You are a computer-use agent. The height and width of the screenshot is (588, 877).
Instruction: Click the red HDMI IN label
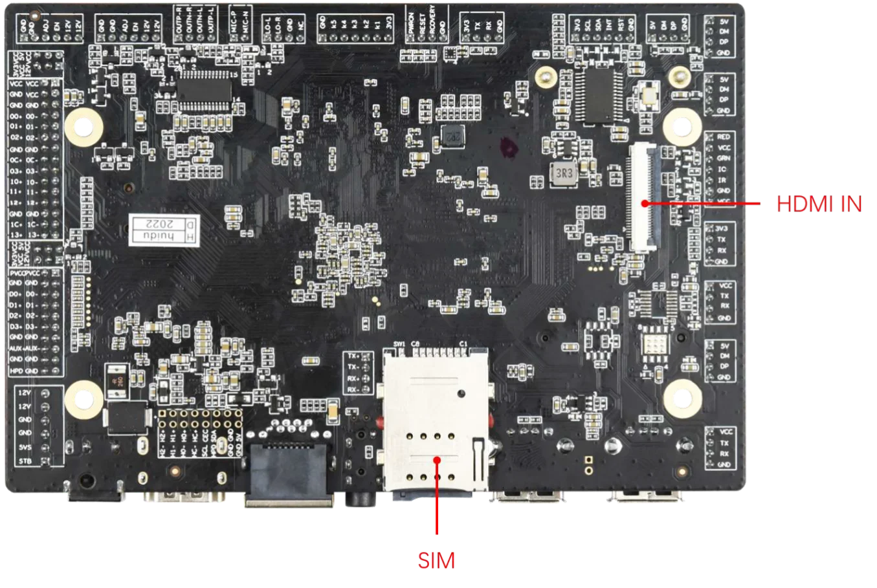click(x=819, y=204)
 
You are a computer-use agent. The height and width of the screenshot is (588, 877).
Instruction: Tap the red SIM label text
click(x=436, y=560)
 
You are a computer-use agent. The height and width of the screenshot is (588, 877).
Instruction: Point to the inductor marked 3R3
click(x=563, y=173)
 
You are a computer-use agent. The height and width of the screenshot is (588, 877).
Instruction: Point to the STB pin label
click(x=25, y=461)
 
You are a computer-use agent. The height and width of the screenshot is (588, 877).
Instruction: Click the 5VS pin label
click(x=25, y=447)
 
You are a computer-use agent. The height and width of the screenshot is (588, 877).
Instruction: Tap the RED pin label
click(x=724, y=137)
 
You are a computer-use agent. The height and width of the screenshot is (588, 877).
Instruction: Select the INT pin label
click(x=609, y=26)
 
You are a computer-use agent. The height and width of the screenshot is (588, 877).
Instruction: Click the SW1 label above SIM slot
click(x=399, y=343)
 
